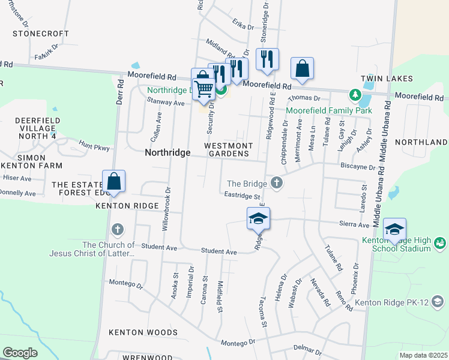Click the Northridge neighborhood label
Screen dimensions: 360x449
[167, 153]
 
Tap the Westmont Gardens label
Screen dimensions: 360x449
[228, 149]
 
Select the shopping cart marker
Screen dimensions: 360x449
[203, 88]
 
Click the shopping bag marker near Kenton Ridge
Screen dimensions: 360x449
[113, 181]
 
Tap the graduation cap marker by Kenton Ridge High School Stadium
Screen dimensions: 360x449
[394, 229]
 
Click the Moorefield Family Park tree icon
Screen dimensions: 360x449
[355, 95]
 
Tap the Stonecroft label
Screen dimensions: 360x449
[38, 34]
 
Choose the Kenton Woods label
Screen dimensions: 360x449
[143, 332]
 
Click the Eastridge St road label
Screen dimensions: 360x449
[242, 196]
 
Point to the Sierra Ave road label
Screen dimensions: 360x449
[355, 224]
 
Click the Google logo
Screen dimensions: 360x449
[20, 353]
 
